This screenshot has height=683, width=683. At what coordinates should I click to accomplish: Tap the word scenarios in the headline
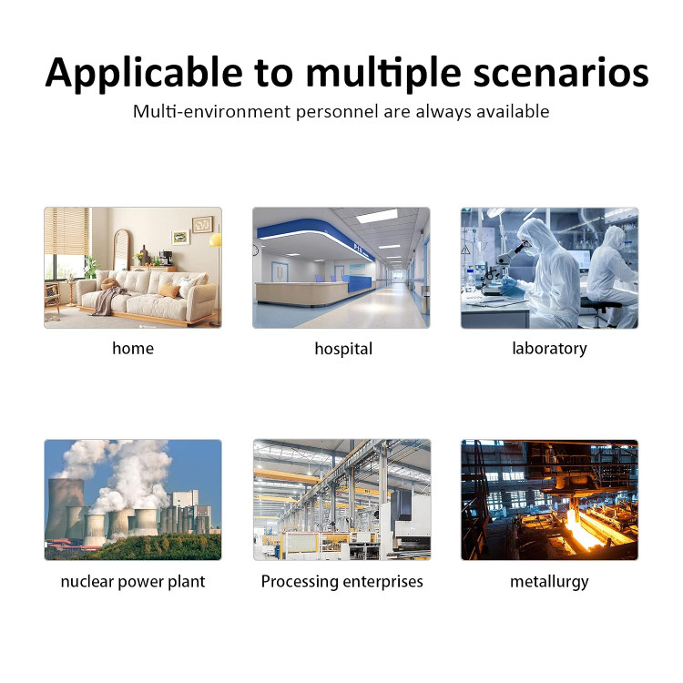pyautogui.click(x=561, y=72)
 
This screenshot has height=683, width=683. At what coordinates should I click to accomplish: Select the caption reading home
pyautogui.click(x=133, y=349)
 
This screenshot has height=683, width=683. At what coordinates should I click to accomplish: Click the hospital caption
pyautogui.click(x=343, y=350)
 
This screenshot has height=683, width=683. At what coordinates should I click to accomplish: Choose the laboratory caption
pyautogui.click(x=549, y=349)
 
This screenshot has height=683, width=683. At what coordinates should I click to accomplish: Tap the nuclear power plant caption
pyautogui.click(x=133, y=582)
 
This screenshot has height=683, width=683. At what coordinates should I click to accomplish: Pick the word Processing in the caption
pyautogui.click(x=300, y=582)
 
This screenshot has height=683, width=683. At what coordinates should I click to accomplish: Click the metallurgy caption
pyautogui.click(x=549, y=582)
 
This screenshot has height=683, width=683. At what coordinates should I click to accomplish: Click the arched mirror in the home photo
pyautogui.click(x=121, y=250)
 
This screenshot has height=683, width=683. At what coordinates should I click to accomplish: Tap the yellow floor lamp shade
pyautogui.click(x=216, y=240)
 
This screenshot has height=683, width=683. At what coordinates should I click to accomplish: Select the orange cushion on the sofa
pyautogui.click(x=168, y=291)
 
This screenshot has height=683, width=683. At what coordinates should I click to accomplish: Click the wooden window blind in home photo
pyautogui.click(x=67, y=231)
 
